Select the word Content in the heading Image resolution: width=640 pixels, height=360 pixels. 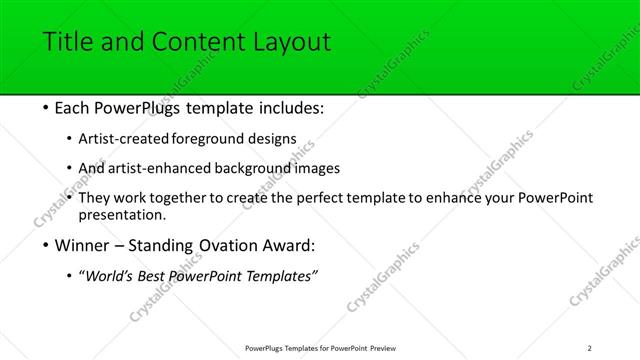[192, 42]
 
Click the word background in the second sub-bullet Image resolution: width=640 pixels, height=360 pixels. [260, 168]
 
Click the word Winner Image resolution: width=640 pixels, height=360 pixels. [74, 246]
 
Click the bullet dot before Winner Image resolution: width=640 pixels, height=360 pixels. [34, 246]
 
